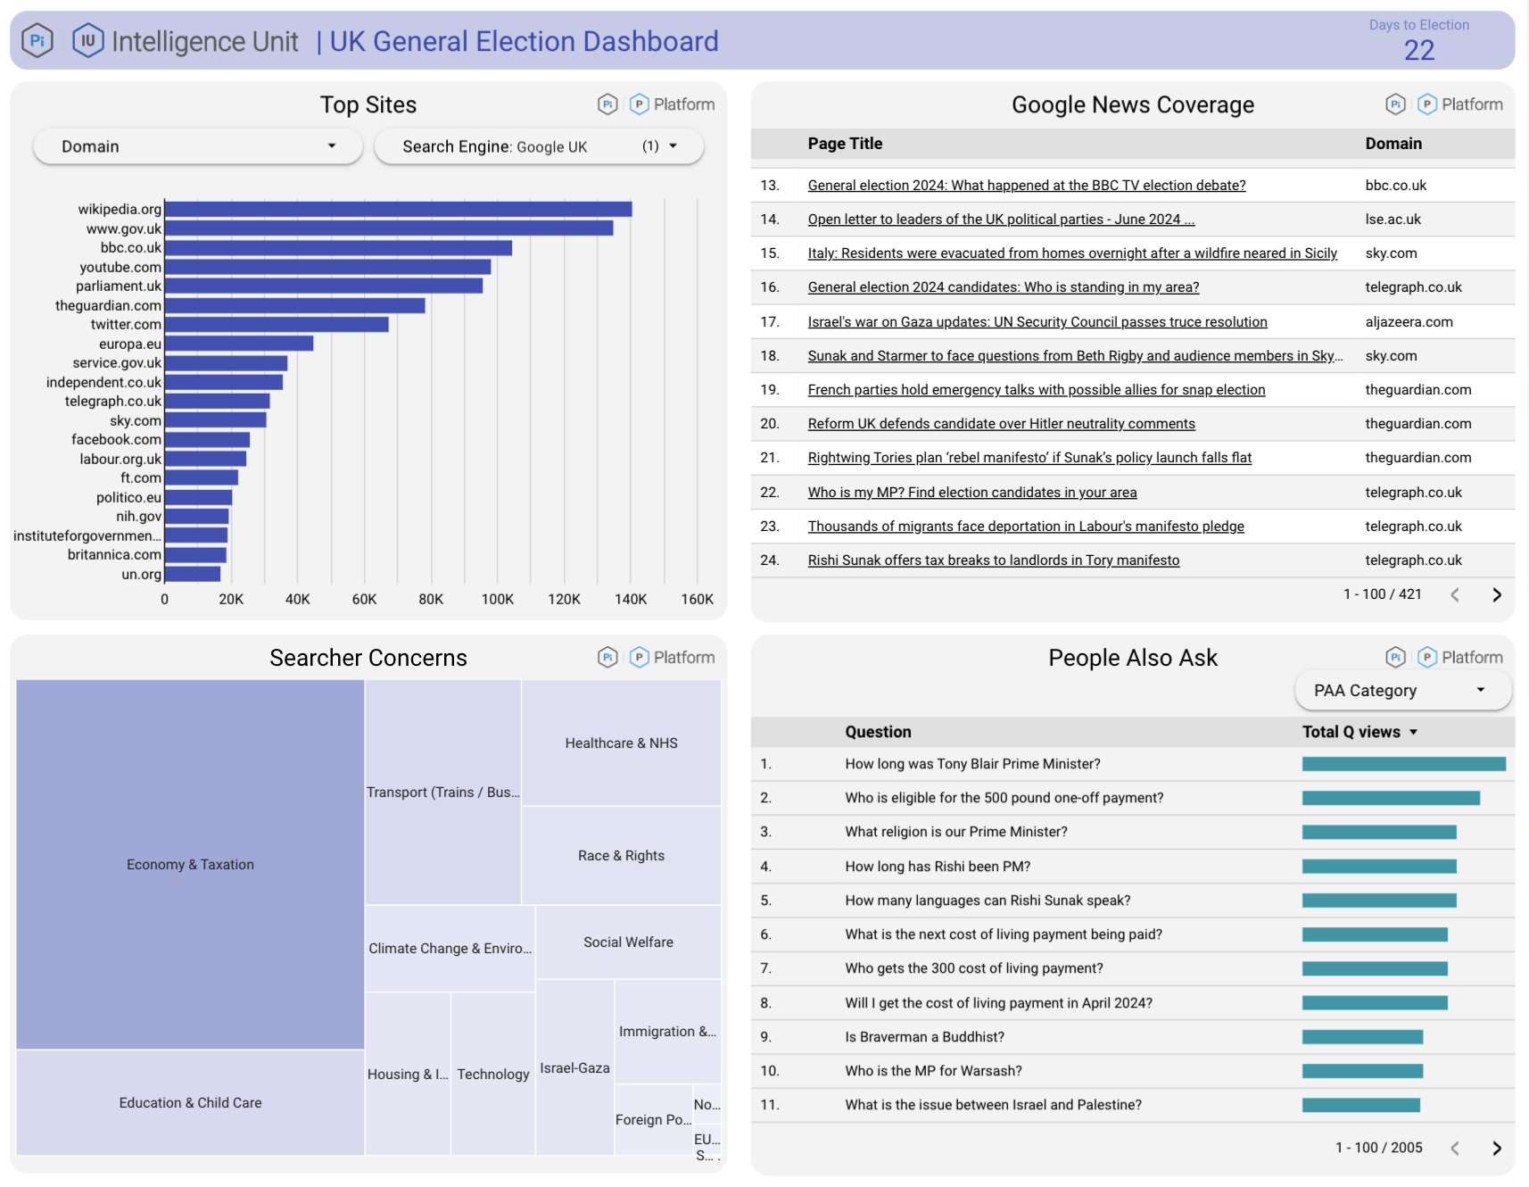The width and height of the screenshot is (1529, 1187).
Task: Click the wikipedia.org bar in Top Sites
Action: (x=398, y=209)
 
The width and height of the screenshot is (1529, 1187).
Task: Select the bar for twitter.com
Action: (x=277, y=324)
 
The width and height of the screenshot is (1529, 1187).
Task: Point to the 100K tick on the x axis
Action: (x=497, y=599)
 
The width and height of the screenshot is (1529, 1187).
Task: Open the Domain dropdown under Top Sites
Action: (x=197, y=146)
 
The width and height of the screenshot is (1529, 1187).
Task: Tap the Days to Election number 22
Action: (x=1418, y=50)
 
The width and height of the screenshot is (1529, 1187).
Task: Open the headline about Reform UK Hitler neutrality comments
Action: (x=1001, y=424)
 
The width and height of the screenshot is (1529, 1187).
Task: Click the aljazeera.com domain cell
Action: (x=1409, y=322)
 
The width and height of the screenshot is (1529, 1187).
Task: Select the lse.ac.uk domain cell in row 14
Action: (x=1393, y=220)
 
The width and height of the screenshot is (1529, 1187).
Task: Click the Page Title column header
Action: (x=845, y=144)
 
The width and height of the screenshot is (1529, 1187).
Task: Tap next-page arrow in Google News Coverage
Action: (x=1496, y=594)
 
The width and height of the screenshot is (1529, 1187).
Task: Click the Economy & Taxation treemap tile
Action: (x=190, y=864)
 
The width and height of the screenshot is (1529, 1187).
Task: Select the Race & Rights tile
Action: (x=621, y=855)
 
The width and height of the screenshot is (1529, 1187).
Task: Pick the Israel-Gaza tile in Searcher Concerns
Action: (x=574, y=1067)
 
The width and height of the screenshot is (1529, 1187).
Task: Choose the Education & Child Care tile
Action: (x=190, y=1102)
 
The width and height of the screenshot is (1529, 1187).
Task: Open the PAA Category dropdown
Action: (x=1401, y=690)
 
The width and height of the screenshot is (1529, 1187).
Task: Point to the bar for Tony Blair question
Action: (x=1403, y=764)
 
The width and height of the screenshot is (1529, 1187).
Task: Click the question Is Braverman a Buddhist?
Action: (x=924, y=1037)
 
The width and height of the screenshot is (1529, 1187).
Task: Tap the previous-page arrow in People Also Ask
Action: (x=1454, y=1148)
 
